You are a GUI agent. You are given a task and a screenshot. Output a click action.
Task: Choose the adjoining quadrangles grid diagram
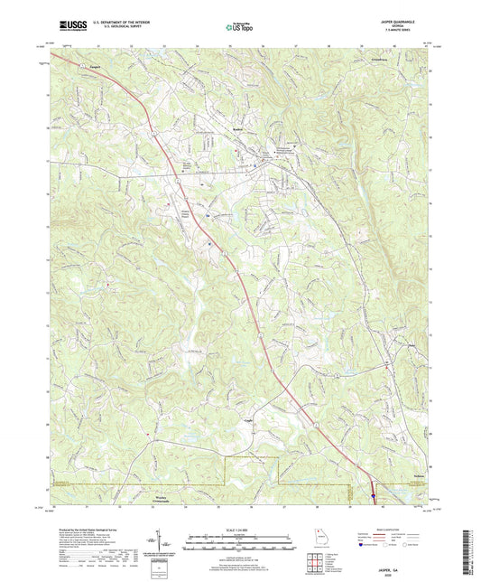[316, 563]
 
